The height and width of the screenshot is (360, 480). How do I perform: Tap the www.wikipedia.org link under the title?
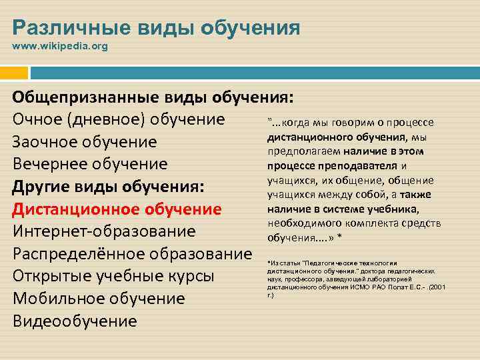tap(55, 47)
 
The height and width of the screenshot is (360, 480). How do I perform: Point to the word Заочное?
tap(43, 142)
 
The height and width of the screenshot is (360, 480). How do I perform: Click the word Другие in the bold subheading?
tap(41, 187)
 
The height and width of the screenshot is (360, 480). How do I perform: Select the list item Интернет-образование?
tap(104, 231)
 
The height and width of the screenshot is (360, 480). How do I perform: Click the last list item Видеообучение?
tap(75, 321)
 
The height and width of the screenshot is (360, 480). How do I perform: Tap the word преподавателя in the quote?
tap(363, 166)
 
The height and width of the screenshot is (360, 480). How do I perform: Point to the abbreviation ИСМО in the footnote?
tap(359, 286)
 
